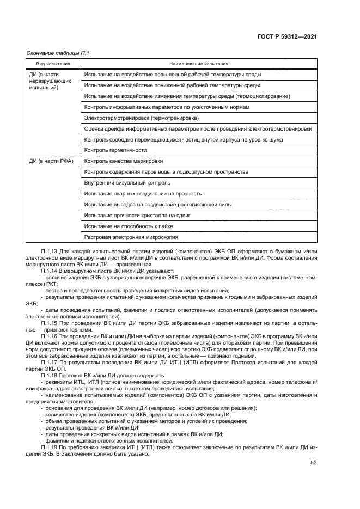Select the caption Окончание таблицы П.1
pos(57,53)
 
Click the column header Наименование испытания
pos(199,64)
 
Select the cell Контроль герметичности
pos(107,150)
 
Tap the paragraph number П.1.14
pos(50,270)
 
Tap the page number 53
pos(313,463)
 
